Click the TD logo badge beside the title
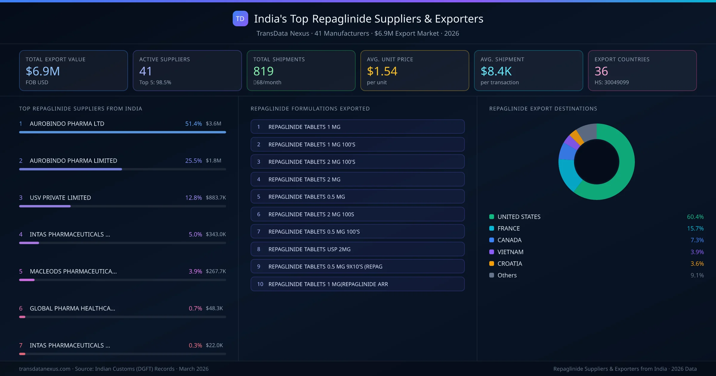click(240, 19)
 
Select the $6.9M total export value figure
click(43, 71)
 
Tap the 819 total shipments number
click(263, 71)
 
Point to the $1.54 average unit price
click(382, 71)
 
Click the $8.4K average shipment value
click(496, 71)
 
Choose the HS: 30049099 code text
click(611, 82)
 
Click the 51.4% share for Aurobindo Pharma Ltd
click(193, 124)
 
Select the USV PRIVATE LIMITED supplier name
click(60, 198)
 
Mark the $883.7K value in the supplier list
click(216, 198)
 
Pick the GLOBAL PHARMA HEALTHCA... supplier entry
click(72, 308)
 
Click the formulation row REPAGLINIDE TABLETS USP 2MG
click(309, 249)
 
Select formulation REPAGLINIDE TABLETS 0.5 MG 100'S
click(314, 232)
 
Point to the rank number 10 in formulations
click(260, 284)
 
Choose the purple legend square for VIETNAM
click(492, 252)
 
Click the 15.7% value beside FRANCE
click(695, 228)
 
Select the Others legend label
click(507, 275)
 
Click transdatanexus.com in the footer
click(45, 369)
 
